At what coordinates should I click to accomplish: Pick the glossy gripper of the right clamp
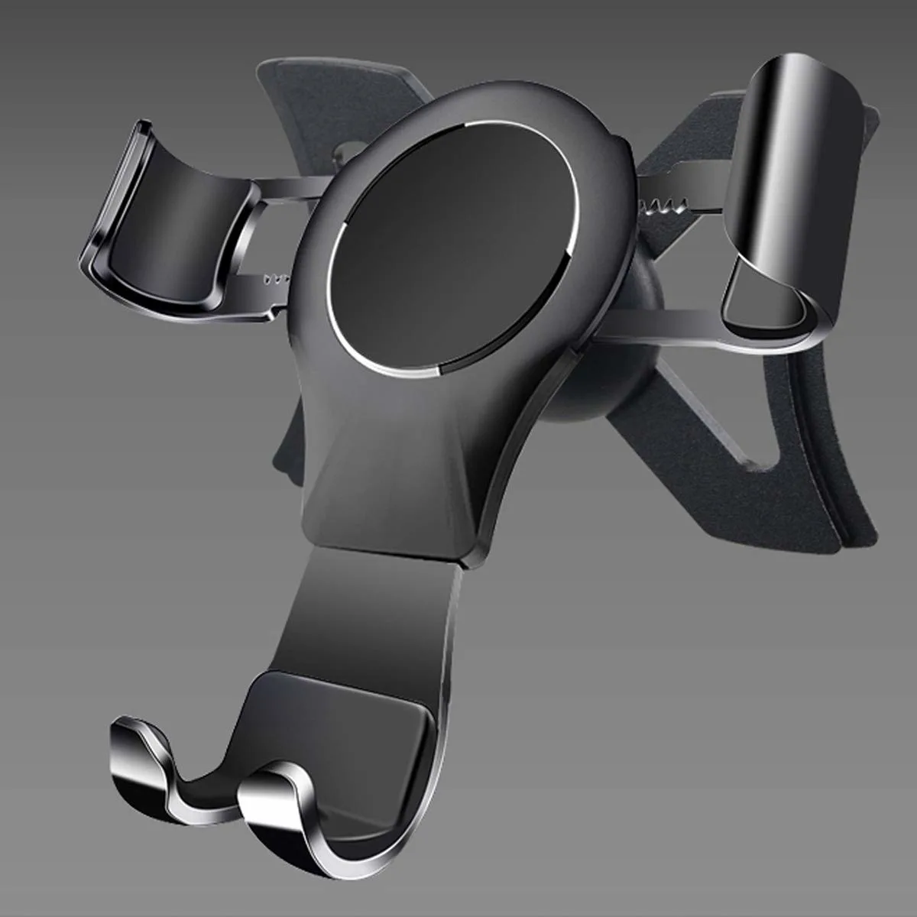[x=795, y=153]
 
